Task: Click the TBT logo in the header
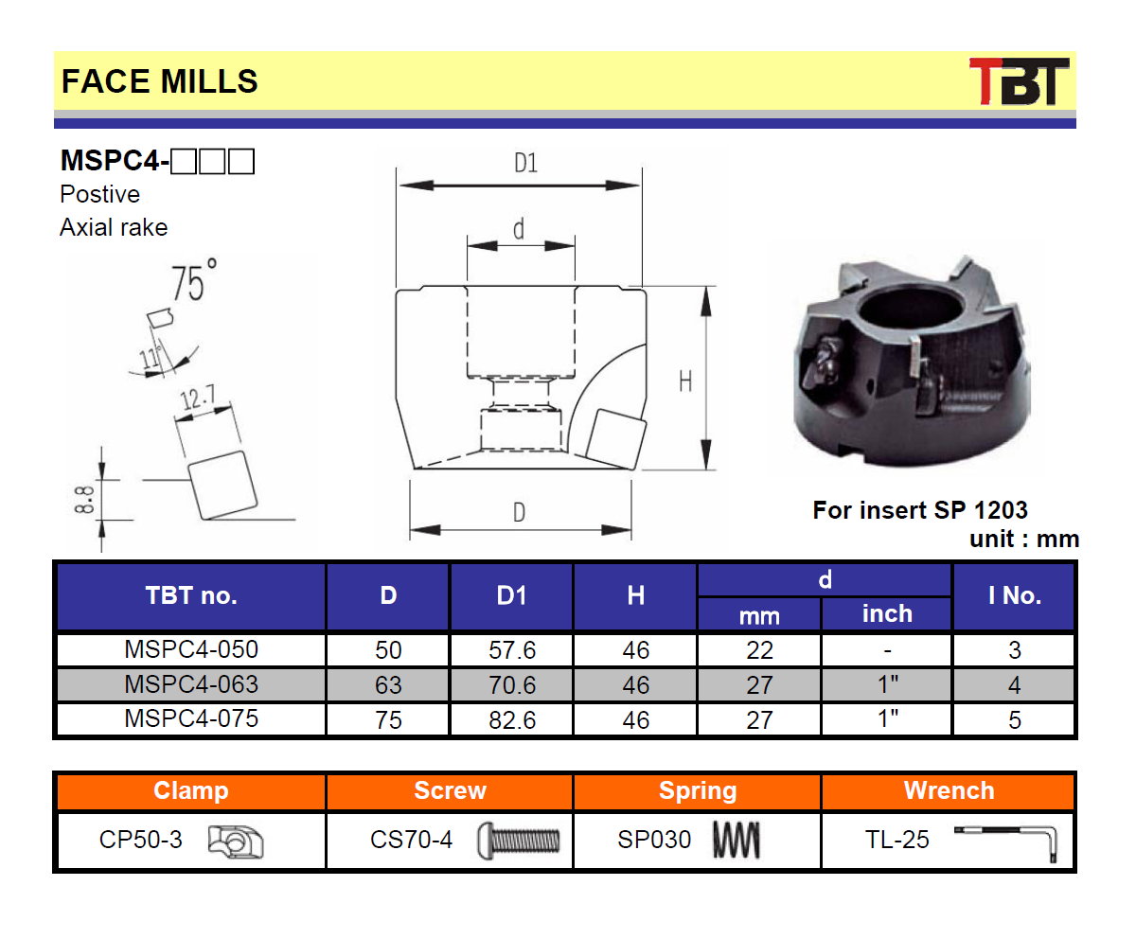pyautogui.click(x=1019, y=81)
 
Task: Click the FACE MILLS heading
pyautogui.click(x=159, y=81)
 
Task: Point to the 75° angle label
pyautogui.click(x=194, y=281)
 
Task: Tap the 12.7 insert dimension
pyautogui.click(x=198, y=398)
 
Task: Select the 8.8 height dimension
pyautogui.click(x=84, y=500)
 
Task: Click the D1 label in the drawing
pyautogui.click(x=525, y=163)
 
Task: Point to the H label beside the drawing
pyautogui.click(x=685, y=381)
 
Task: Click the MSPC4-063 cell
pyautogui.click(x=191, y=683)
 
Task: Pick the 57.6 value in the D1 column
pyautogui.click(x=512, y=650)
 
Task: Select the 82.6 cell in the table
pyautogui.click(x=512, y=719)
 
